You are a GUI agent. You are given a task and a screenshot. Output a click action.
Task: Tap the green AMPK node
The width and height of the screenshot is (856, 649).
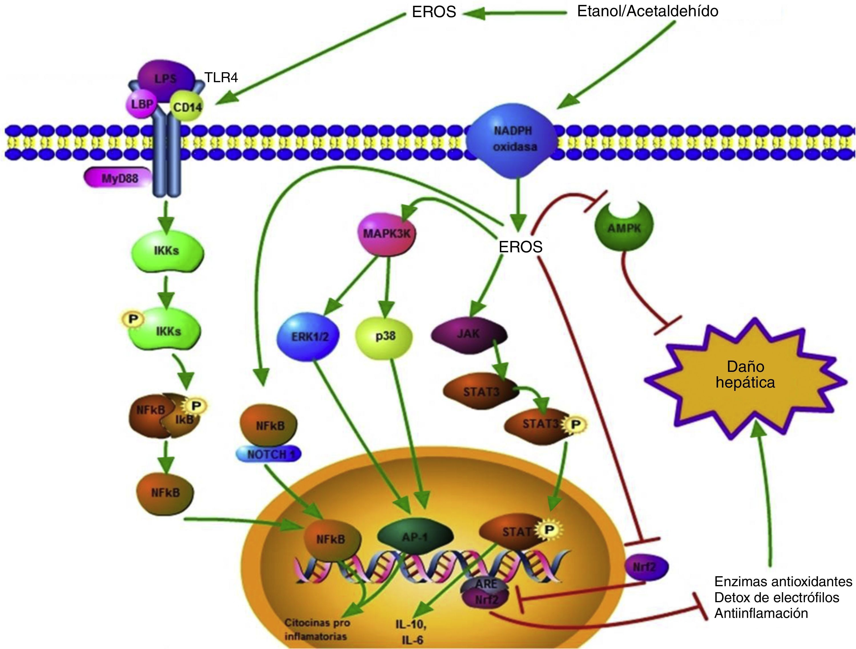(x=624, y=228)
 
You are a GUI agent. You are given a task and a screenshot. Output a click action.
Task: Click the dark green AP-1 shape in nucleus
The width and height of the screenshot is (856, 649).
(x=415, y=537)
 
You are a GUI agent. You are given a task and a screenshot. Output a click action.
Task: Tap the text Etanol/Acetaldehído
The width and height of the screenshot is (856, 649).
(x=648, y=11)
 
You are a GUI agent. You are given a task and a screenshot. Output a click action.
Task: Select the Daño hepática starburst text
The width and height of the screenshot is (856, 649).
(x=745, y=374)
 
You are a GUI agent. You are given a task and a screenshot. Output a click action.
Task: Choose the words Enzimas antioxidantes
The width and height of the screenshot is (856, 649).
(x=783, y=582)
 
